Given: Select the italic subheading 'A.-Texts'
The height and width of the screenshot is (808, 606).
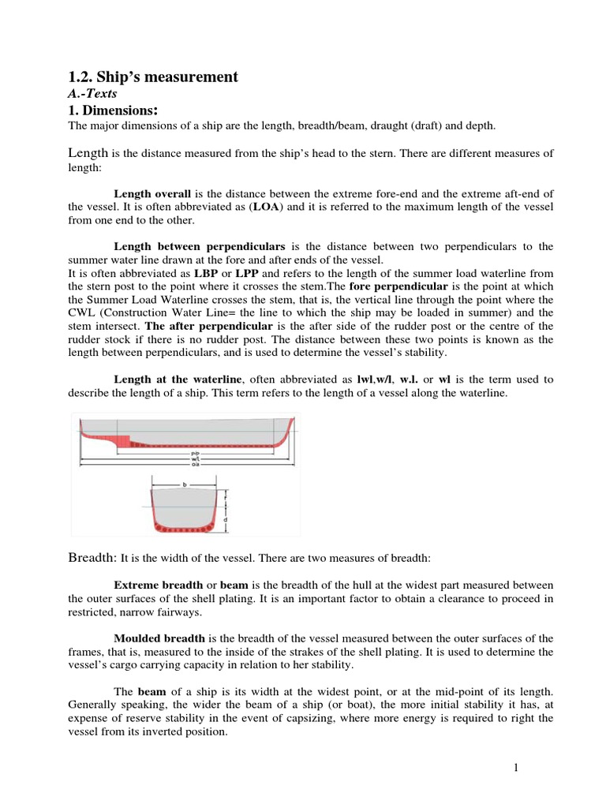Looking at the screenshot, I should click(90, 93).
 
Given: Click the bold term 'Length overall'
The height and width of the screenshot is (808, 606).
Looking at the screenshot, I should click(152, 193).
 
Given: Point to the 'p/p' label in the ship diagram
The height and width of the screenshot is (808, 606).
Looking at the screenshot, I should click(195, 454).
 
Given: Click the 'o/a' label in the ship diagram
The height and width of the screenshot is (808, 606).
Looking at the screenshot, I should click(195, 466).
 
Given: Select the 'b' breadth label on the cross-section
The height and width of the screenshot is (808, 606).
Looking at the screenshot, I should click(185, 484).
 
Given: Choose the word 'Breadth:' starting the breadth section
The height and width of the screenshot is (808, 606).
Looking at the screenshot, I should click(93, 558).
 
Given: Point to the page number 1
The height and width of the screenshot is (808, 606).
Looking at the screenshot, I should click(514, 767).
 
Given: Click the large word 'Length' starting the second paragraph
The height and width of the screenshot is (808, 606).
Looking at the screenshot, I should click(88, 153).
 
